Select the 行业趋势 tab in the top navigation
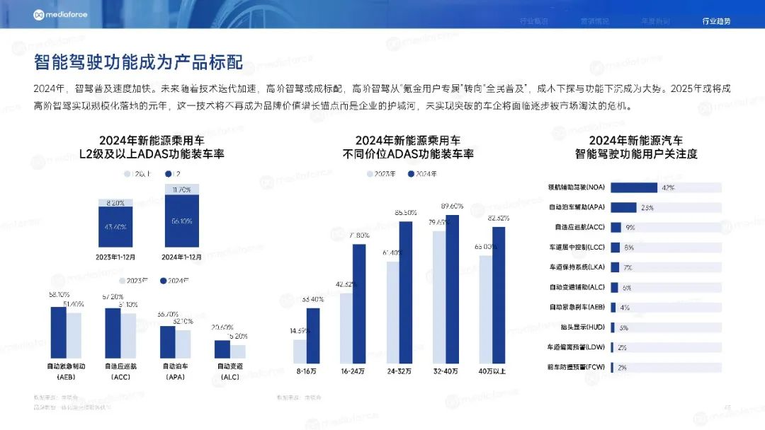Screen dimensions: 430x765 (x=716, y=21)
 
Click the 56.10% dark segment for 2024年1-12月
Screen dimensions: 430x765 (x=182, y=221)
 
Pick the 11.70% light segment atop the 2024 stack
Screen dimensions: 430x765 (x=182, y=189)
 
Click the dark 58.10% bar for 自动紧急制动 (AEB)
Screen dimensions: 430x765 (x=58, y=332)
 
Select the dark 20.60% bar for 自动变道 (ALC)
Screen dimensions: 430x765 (x=222, y=349)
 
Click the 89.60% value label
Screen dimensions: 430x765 (x=451, y=207)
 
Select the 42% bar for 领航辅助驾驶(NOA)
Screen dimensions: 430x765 (x=634, y=187)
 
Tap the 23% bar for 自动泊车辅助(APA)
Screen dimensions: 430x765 (x=623, y=207)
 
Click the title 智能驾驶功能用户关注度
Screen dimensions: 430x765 (x=635, y=153)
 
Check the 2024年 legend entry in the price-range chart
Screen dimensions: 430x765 (x=424, y=174)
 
